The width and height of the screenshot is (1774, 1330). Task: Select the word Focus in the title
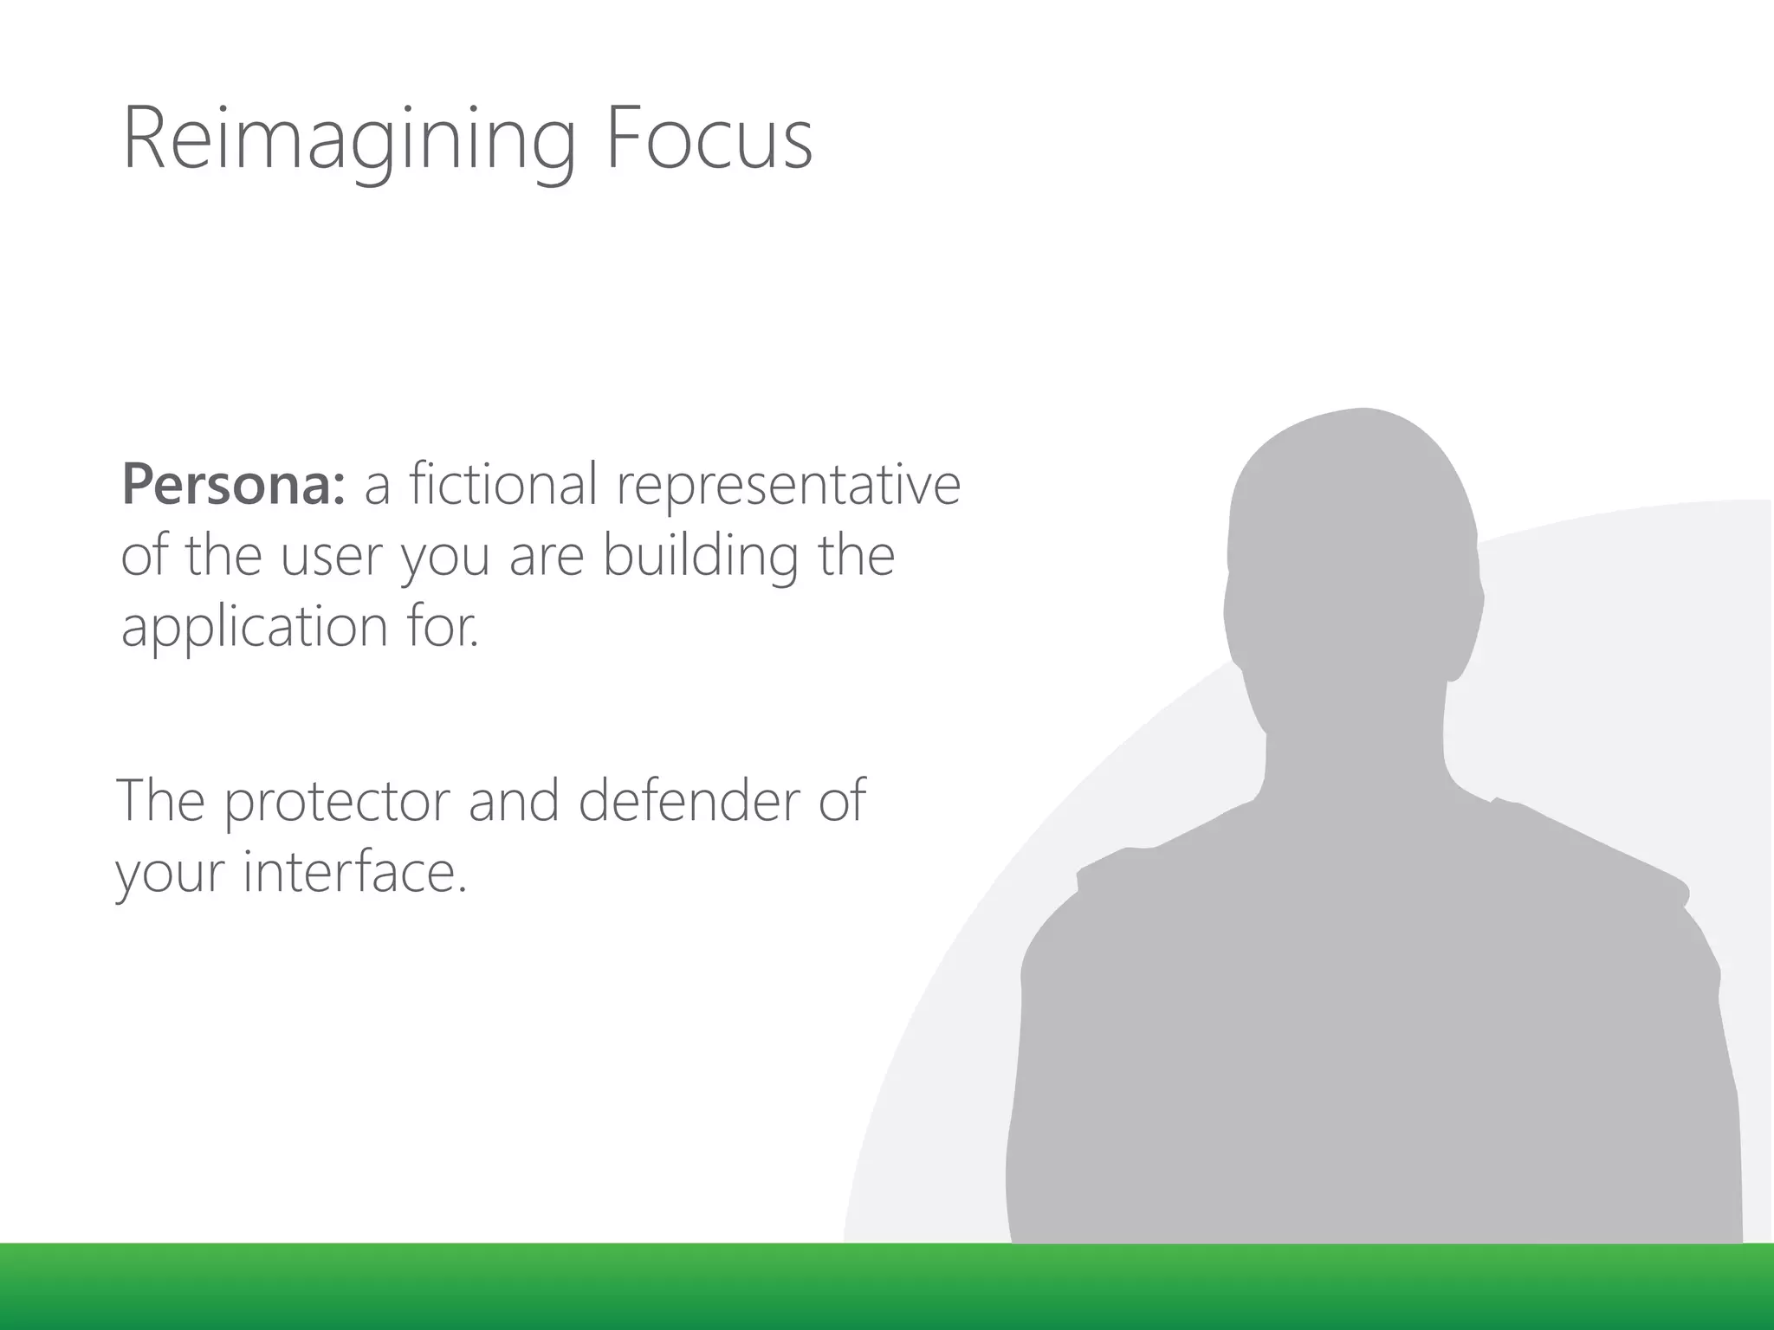coord(708,139)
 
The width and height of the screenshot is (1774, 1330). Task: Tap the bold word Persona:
coord(233,484)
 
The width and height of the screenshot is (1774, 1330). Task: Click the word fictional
coord(480,484)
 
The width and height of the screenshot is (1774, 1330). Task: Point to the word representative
coord(788,485)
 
